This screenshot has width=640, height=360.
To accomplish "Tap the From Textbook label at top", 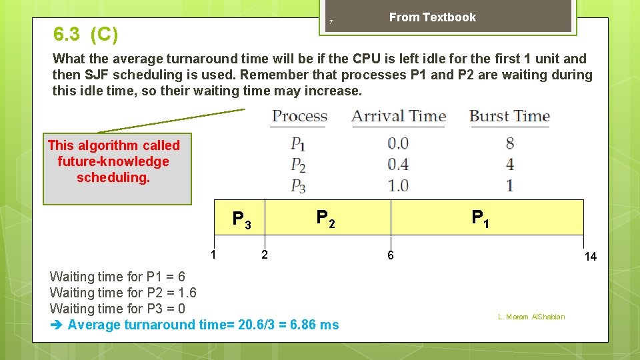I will (x=432, y=17).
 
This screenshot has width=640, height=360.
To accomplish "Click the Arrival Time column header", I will (x=398, y=116).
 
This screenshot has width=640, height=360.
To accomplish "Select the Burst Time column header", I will (x=509, y=116).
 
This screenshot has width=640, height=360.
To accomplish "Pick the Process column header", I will (x=299, y=116).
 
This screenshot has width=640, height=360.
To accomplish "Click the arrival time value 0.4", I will (x=398, y=164).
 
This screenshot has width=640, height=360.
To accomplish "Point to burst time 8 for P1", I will (x=510, y=143).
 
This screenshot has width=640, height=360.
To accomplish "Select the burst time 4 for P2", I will (x=510, y=164).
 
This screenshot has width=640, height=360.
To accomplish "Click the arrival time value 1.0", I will (x=398, y=185).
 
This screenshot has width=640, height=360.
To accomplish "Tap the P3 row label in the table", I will (x=298, y=185).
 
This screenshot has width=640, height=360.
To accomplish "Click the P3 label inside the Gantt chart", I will (x=241, y=219).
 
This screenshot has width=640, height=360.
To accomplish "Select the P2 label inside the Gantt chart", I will (x=325, y=218).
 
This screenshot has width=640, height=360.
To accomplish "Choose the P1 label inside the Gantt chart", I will (x=480, y=218).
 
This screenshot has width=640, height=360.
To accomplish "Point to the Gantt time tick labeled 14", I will (x=590, y=257).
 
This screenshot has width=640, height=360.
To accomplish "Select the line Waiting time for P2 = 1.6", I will (x=123, y=293).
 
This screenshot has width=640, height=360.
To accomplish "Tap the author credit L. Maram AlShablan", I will (x=531, y=317).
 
